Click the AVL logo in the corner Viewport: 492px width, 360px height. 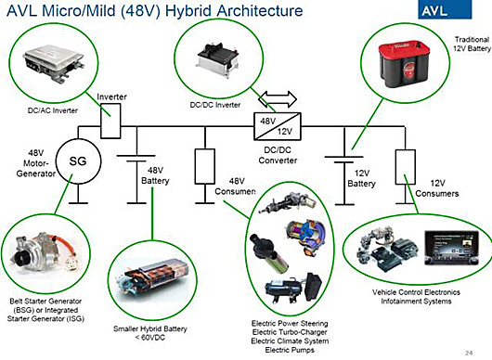445,9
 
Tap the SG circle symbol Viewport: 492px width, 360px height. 79,161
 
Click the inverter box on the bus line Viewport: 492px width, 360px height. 110,121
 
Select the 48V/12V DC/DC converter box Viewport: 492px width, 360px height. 278,126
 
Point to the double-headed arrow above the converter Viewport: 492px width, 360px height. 278,98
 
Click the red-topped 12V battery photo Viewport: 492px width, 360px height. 404,65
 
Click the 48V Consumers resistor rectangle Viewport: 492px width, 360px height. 205,166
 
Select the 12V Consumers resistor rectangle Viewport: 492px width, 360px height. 406,167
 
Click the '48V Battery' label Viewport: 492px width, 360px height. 155,175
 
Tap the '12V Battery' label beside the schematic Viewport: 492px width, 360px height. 361,178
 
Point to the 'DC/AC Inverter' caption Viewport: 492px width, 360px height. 53,110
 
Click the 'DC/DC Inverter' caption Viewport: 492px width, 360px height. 215,105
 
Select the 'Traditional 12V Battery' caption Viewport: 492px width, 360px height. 472,44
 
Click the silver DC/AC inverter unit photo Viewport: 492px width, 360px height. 53,64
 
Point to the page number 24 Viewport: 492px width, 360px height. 469,353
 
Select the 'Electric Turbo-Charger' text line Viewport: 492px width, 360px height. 290,332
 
